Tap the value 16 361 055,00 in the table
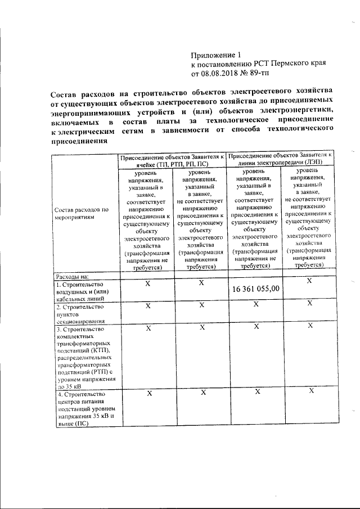[x=256, y=289]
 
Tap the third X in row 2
[x=256, y=304]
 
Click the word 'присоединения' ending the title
[x=78, y=141]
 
